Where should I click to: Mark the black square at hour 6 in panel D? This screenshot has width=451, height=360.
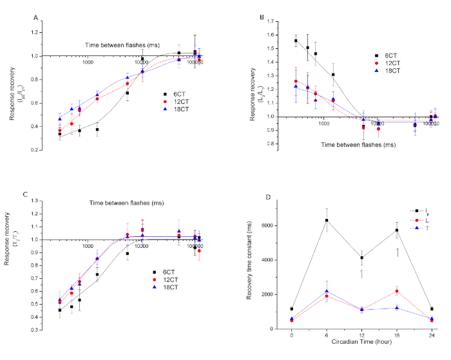[327, 221]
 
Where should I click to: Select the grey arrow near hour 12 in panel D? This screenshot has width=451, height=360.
[361, 274]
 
